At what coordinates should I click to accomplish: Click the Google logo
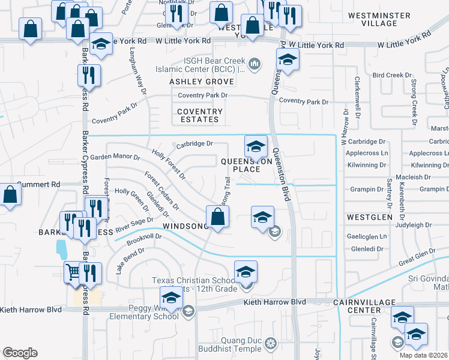(20, 353)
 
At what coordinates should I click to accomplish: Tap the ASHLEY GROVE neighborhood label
(201, 81)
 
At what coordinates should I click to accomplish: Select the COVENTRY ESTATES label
(200, 115)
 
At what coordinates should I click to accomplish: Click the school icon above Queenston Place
(256, 146)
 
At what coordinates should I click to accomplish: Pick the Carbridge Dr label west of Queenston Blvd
(194, 144)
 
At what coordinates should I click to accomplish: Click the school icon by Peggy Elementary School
(170, 298)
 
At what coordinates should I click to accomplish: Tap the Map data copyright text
(423, 355)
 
